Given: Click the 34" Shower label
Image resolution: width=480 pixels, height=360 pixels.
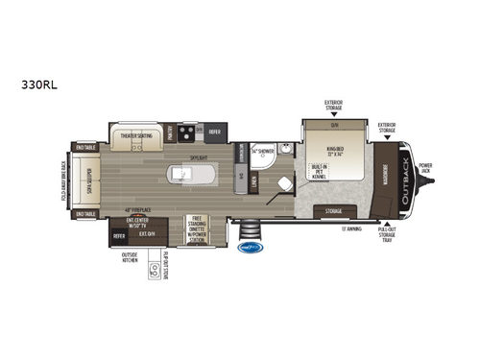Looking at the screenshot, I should point(262,152).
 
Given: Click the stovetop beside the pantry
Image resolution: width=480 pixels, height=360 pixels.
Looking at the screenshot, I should point(188,132).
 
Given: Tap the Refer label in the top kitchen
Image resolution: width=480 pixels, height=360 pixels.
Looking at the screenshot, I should point(214,132).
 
